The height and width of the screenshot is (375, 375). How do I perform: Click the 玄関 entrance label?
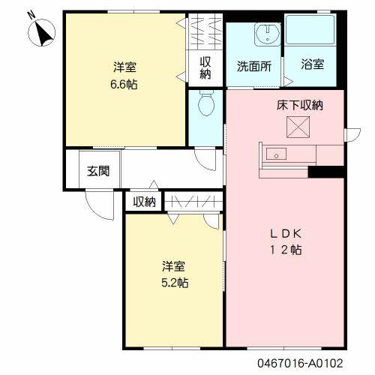97,171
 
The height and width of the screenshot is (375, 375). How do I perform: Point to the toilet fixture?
205,105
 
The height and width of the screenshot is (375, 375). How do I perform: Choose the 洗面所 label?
253,65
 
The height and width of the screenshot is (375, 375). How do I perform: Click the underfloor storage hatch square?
299,126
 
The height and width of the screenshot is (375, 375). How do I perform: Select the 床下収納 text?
299,106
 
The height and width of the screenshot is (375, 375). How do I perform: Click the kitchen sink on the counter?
275,154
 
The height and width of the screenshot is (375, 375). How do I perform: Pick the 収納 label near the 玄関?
145,201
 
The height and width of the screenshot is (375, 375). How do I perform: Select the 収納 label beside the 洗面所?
205,68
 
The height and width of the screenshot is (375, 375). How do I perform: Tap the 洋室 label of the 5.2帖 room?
175,267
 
